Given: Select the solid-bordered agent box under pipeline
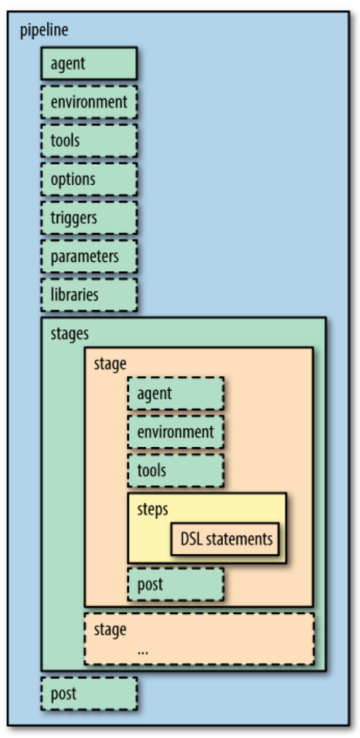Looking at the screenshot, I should coord(89,63).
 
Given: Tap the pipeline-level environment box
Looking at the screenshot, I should coord(89,102).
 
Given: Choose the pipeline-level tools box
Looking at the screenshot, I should coord(89,140).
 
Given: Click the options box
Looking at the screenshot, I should coord(89,179).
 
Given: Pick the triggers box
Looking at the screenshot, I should coord(89,218).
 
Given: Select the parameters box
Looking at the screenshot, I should coord(89,256).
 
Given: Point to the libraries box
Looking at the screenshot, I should coord(89,295).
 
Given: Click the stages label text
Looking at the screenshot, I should coord(69,334).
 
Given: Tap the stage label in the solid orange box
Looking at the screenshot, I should coord(110,363).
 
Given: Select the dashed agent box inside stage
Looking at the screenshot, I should coord(176,394).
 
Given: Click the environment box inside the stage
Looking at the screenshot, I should coord(176,432).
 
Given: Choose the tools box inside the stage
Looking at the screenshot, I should coord(176,471).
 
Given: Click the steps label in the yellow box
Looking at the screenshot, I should coord(153,508).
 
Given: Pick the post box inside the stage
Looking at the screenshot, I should coord(176,584).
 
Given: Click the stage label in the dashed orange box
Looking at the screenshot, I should coord(110,629).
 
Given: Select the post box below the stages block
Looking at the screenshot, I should coord(89,694).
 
